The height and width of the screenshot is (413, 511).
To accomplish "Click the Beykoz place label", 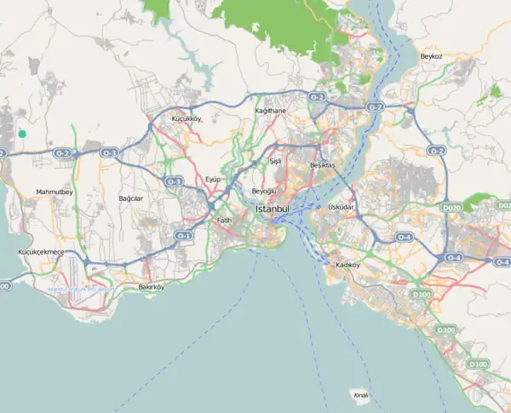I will tap(431, 56).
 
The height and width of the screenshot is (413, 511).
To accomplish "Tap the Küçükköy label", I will tap(186, 118).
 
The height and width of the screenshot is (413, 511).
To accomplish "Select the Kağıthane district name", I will tap(271, 112).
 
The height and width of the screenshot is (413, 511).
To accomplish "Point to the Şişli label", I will tap(275, 161).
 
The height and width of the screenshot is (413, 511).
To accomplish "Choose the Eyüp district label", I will tap(213, 179).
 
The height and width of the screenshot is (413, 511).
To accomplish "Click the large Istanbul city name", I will tap(273, 209).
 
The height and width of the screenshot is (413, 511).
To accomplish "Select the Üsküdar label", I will tap(341, 207).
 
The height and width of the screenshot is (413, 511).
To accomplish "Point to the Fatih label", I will tap(224, 221).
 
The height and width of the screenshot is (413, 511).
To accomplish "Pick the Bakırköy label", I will tap(151, 288).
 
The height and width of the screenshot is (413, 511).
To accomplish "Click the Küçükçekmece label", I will tap(41, 253).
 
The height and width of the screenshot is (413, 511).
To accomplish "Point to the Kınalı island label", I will tap(360, 394).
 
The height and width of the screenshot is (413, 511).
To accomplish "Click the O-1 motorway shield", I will tap(183, 235).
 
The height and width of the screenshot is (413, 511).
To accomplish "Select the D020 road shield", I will tap(451, 207).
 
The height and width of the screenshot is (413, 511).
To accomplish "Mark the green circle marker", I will tap(22, 134).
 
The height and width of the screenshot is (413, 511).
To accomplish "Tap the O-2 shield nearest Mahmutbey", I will tap(63, 153).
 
